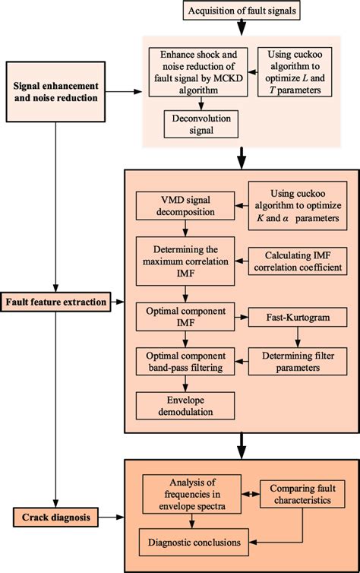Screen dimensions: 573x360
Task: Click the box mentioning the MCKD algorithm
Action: coord(196,72)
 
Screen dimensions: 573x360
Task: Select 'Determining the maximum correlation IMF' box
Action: coord(179,261)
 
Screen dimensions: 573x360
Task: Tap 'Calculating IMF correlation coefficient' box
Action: coord(295,261)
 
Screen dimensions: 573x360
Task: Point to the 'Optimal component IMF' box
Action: coord(179,315)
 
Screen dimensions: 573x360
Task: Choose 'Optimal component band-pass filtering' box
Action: coord(179,359)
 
